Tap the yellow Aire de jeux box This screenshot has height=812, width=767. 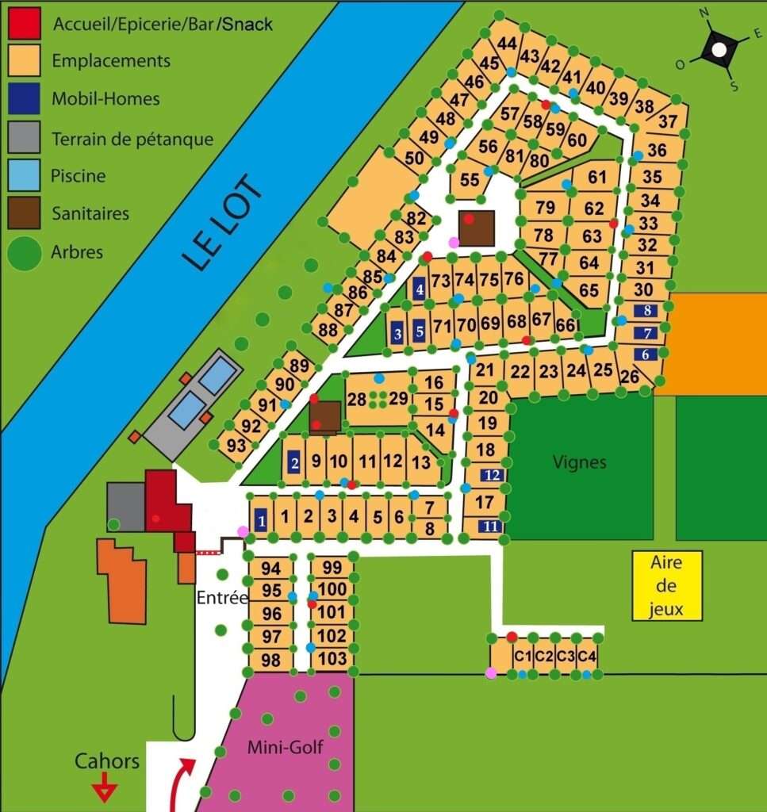coord(667,586)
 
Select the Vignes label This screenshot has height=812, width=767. coord(581,462)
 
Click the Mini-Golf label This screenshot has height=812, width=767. coord(285,746)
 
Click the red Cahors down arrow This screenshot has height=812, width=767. coord(105,790)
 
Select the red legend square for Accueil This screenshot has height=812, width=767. coord(25,24)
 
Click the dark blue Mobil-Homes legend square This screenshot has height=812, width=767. coord(25,99)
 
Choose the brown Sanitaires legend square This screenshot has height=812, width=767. coord(25,214)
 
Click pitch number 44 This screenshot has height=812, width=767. coord(508,44)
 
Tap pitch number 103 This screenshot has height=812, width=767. coord(332,658)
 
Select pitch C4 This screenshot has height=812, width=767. coord(586,656)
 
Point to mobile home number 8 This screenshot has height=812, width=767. coord(648,311)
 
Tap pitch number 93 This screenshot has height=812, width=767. coord(236,446)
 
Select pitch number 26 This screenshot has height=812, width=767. coord(630,377)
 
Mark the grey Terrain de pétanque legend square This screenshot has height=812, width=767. coord(25,137)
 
